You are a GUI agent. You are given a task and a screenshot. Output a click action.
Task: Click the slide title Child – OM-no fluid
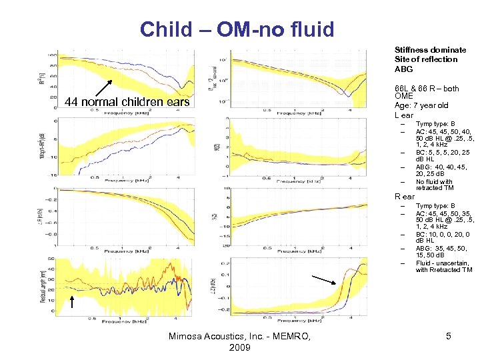point(237,29)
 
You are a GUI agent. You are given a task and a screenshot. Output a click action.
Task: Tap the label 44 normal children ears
point(127,102)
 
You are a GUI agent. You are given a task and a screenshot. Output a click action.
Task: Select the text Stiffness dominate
point(430,50)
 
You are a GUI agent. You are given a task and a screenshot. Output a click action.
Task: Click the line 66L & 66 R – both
point(427,89)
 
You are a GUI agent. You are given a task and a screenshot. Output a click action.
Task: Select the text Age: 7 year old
point(421,105)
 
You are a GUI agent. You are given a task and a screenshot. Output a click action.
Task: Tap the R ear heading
point(404,197)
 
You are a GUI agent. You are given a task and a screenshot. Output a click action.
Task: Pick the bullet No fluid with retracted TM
point(434,185)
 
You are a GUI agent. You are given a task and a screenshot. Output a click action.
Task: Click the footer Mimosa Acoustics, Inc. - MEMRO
point(239,337)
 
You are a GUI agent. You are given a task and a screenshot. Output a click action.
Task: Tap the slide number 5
point(449,337)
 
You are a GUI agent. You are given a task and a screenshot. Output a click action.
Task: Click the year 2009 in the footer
point(239,348)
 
